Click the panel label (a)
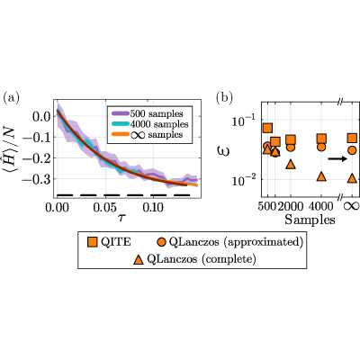coord(11,98)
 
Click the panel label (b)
coord(225,98)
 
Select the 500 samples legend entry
coord(147,113)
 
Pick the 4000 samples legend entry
coord(149,124)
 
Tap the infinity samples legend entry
coord(147,134)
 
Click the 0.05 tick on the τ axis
coord(104,207)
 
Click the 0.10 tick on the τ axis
coord(153,207)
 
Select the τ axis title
coord(121,217)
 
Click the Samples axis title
coord(310,220)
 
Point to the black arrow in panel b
coord(337,158)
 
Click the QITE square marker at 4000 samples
coord(321,139)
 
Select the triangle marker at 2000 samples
coord(291,164)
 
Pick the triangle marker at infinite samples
coord(352,178)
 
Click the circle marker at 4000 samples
coord(321,147)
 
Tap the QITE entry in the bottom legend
coord(109,242)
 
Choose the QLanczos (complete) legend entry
coord(194,259)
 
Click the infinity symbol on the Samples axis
coord(352,206)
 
